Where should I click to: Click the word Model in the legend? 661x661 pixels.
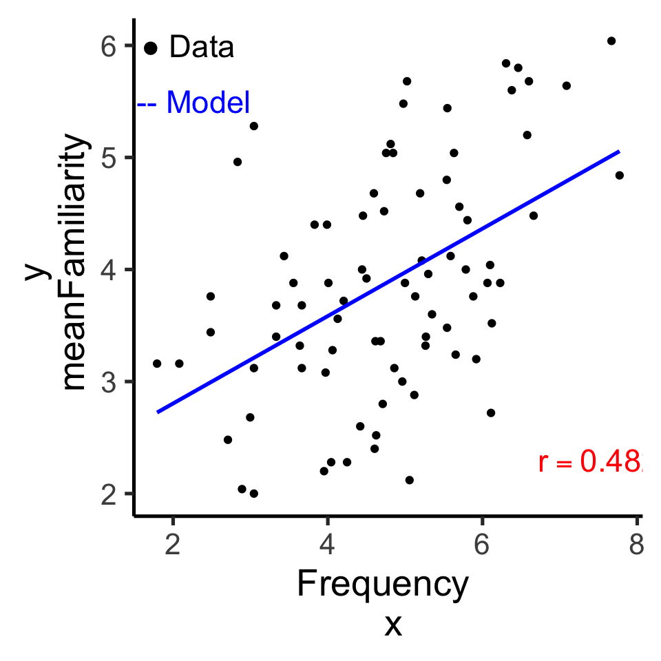(208, 103)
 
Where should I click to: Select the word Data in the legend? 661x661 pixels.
(202, 48)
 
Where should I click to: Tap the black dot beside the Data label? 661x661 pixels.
(151, 48)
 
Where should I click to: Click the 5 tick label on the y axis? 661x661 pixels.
(109, 158)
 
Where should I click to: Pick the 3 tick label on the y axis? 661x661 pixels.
(109, 381)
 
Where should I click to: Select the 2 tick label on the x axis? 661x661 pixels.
(173, 543)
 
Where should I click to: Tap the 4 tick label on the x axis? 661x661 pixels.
(327, 543)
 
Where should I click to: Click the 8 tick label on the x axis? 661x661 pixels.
(636, 543)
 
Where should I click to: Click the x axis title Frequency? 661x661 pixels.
(383, 585)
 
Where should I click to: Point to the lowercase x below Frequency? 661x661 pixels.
(392, 625)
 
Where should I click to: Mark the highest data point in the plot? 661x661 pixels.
(611, 41)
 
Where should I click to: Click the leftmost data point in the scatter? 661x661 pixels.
(157, 364)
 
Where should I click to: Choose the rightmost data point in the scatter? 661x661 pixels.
(619, 176)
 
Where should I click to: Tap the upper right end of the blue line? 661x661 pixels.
(619, 151)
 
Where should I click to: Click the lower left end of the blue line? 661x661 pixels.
(158, 412)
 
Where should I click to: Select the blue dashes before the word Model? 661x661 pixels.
(148, 104)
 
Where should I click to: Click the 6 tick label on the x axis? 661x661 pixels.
(481, 543)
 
